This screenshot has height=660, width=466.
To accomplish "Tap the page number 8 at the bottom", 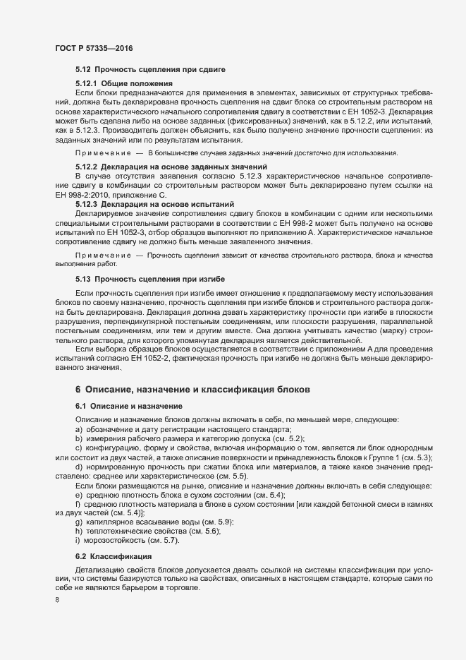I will pos(56,600).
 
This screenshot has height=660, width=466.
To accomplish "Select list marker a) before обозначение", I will pos(78,430).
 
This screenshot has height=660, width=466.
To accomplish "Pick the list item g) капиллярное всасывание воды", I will pos(158,521).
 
